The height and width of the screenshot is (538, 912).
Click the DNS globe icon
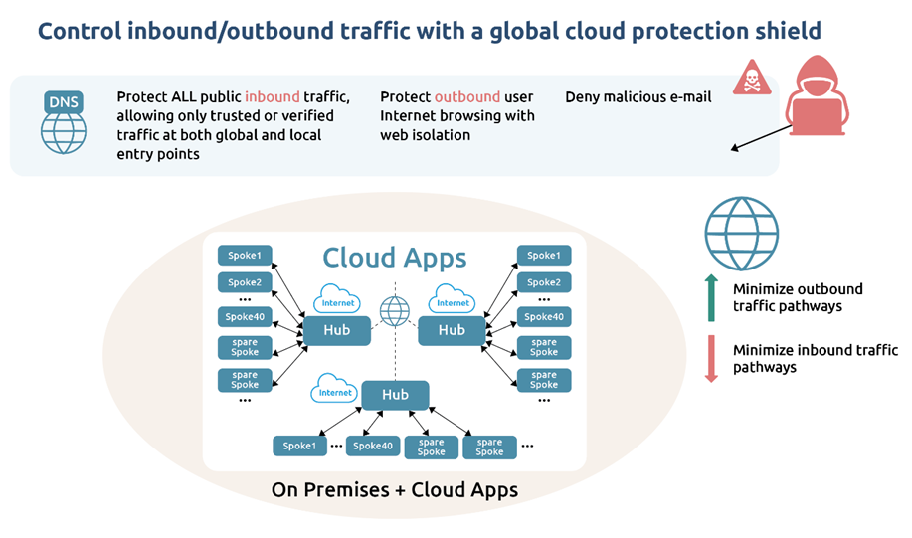pyautogui.click(x=64, y=123)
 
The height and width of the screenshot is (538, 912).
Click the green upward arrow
pyautogui.click(x=711, y=297)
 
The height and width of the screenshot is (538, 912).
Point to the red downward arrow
pyautogui.click(x=711, y=359)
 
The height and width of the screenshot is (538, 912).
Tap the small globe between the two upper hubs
pyautogui.click(x=395, y=311)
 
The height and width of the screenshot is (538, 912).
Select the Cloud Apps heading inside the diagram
pyautogui.click(x=394, y=258)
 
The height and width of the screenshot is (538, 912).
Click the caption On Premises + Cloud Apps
pyautogui.click(x=394, y=490)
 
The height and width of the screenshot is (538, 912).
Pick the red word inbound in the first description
pyautogui.click(x=273, y=97)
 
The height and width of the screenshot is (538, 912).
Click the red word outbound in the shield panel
pyautogui.click(x=466, y=97)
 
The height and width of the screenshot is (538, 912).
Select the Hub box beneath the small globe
pyautogui.click(x=395, y=395)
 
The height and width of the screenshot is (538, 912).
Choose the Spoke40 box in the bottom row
pyautogui.click(x=373, y=447)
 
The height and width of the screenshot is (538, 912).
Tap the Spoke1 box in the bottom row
pyautogui.click(x=299, y=447)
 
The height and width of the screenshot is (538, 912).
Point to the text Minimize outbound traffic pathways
pyautogui.click(x=798, y=297)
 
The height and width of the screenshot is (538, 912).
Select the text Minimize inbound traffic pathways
pyautogui.click(x=815, y=358)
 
